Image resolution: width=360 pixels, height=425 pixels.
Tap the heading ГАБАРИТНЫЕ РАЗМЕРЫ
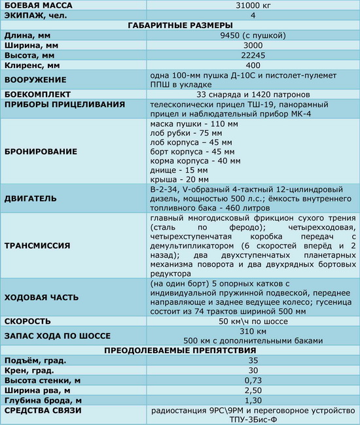point(179,26)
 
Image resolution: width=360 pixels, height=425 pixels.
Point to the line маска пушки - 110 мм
point(189,124)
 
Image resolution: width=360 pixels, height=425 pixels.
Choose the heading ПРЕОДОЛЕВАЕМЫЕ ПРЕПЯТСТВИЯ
point(179,350)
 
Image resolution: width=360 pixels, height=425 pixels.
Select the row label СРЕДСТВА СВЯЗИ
point(46,411)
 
